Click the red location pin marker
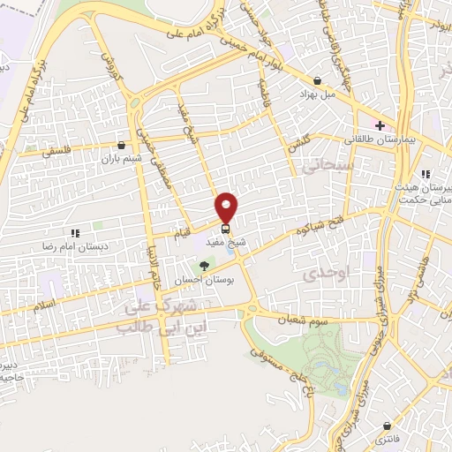point(227,207)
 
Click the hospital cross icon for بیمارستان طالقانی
point(380,126)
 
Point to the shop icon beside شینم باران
point(121,145)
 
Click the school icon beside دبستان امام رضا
point(76,233)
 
